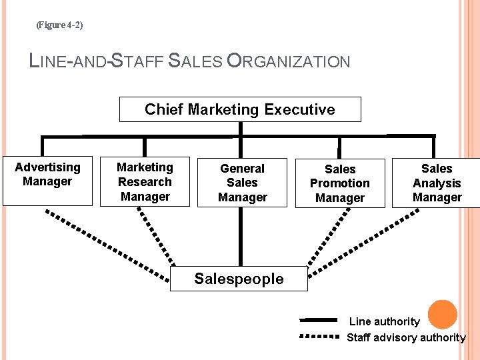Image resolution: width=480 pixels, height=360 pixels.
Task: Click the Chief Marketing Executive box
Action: click(x=240, y=109)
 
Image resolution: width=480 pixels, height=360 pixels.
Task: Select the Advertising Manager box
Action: click(x=47, y=181)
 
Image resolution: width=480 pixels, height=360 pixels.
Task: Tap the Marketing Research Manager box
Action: click(x=145, y=181)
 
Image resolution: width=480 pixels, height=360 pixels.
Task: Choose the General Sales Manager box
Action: click(x=242, y=182)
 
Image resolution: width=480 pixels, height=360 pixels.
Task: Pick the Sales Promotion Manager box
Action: click(x=340, y=183)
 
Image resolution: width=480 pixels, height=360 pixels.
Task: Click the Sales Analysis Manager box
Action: click(x=437, y=183)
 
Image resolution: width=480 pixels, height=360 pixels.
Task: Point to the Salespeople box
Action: click(x=239, y=279)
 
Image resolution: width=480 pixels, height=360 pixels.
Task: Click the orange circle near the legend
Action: click(x=442, y=314)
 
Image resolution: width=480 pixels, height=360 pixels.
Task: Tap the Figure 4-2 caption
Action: click(x=59, y=25)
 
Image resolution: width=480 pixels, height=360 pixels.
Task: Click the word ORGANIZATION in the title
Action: click(x=288, y=62)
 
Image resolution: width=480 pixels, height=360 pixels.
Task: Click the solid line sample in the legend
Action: click(x=319, y=321)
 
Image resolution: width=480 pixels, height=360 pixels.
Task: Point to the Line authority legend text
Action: click(x=385, y=321)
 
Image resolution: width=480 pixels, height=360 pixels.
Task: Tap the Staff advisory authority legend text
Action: click(x=406, y=337)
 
